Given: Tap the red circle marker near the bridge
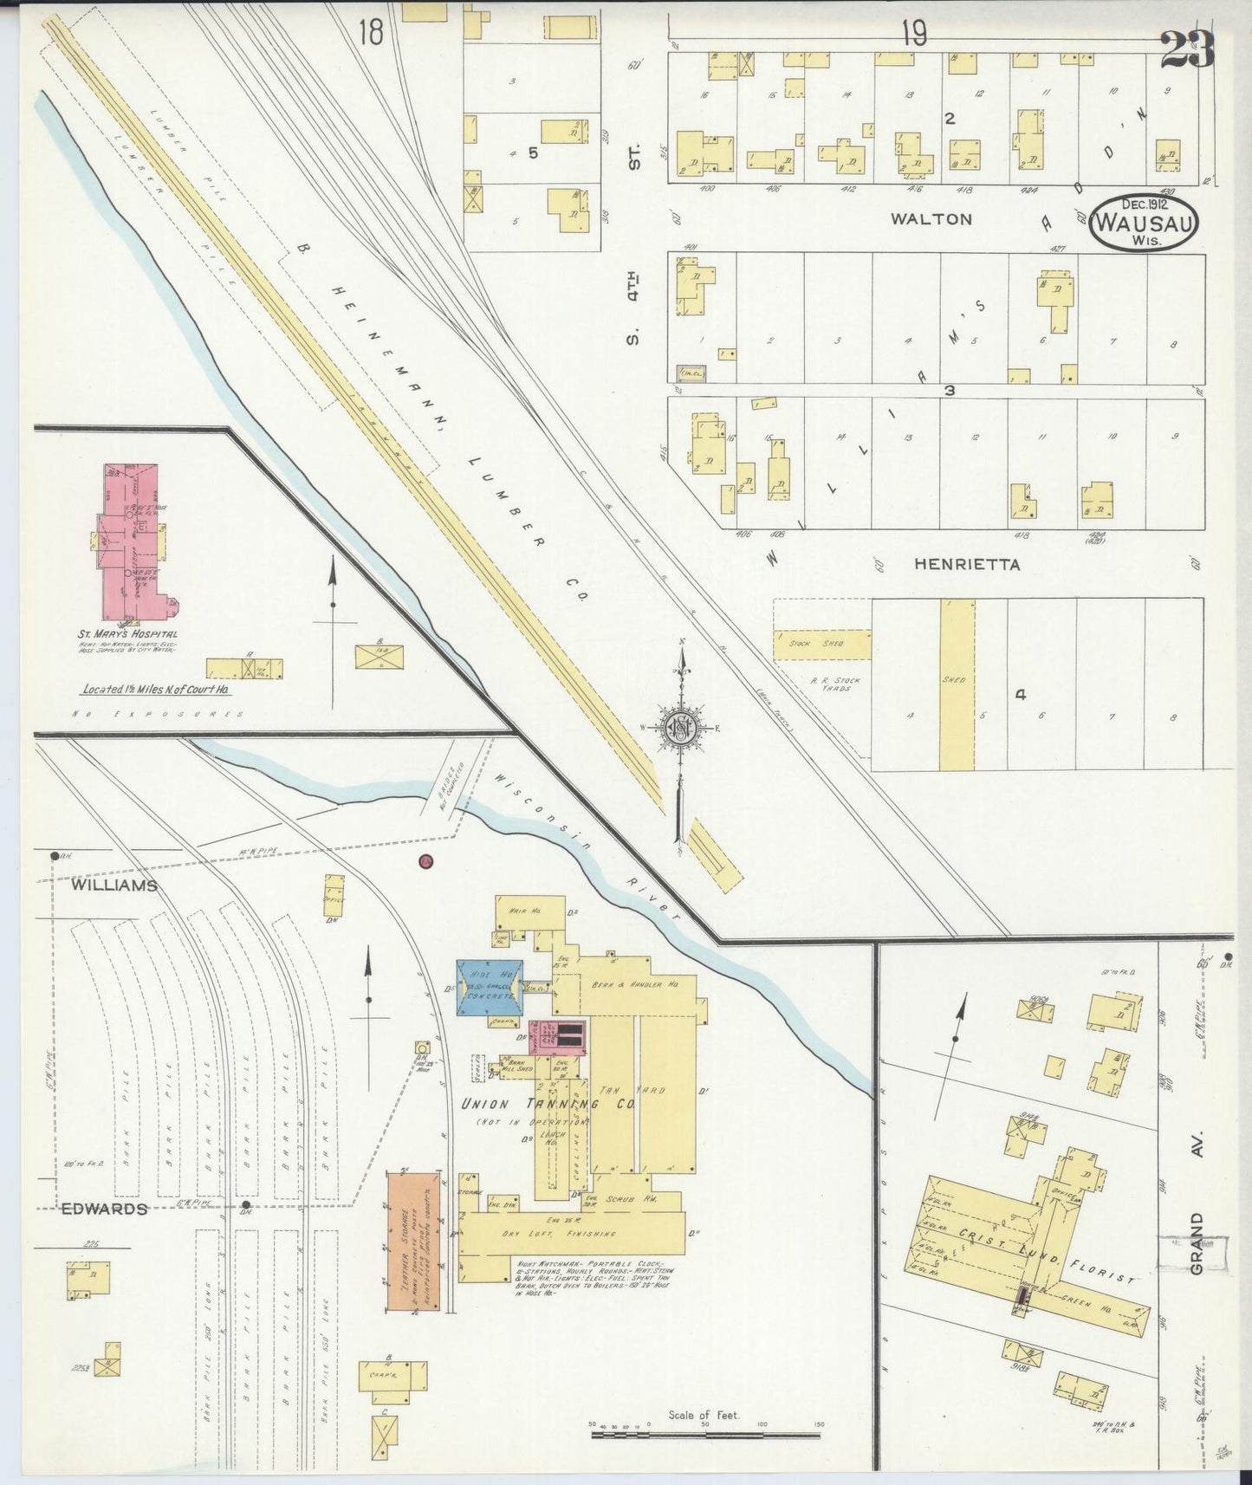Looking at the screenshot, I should [x=425, y=861].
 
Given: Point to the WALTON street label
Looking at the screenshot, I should [x=931, y=219].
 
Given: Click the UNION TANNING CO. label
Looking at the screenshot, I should [x=548, y=1105].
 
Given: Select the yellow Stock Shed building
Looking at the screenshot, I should [x=821, y=645].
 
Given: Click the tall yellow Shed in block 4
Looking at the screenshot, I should [x=957, y=684].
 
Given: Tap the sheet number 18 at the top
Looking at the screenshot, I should [x=370, y=32].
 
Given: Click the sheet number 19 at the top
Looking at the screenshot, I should [x=913, y=33].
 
